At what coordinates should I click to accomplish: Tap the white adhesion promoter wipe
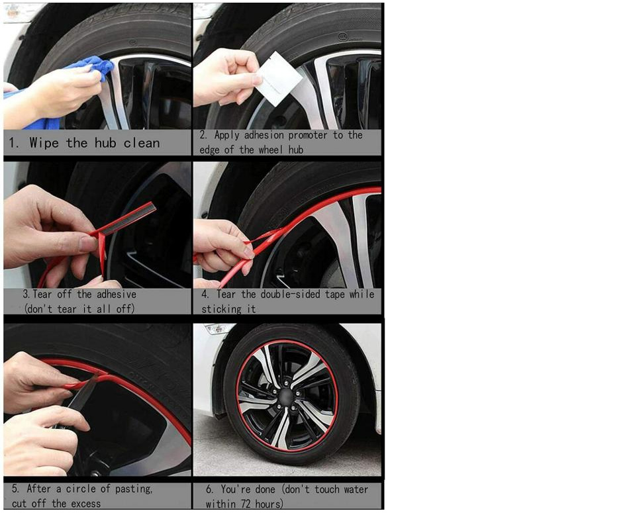278,78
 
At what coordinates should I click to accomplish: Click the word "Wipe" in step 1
44,143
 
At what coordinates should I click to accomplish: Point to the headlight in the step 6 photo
219,328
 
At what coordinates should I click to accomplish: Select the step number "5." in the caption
15,489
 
